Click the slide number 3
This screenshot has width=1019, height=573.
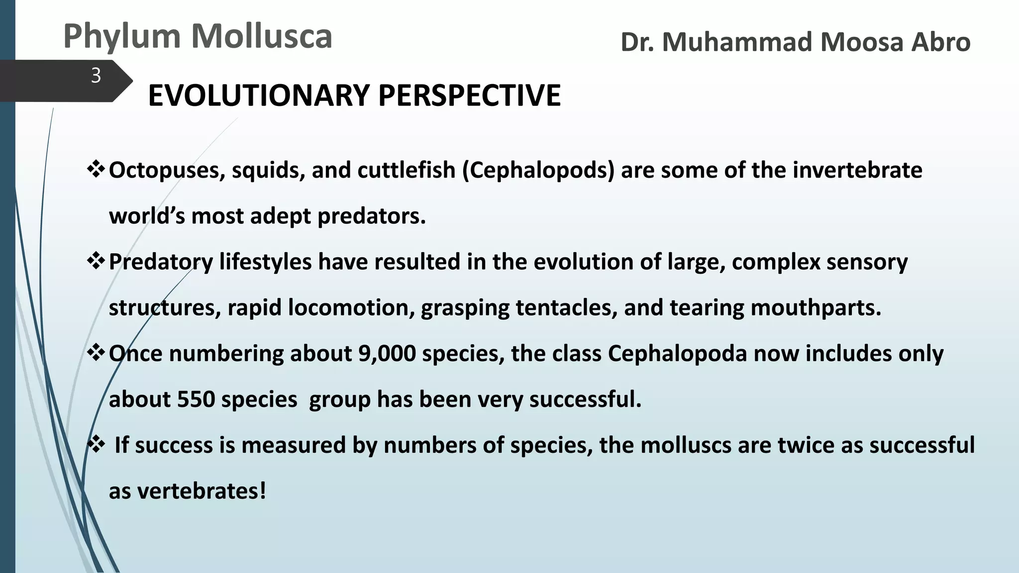(x=96, y=76)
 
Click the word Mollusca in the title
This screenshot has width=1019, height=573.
(x=262, y=36)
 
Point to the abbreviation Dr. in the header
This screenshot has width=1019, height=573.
(x=637, y=42)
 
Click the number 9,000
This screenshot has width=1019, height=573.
(x=387, y=354)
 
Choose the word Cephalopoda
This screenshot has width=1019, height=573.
(x=677, y=354)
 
